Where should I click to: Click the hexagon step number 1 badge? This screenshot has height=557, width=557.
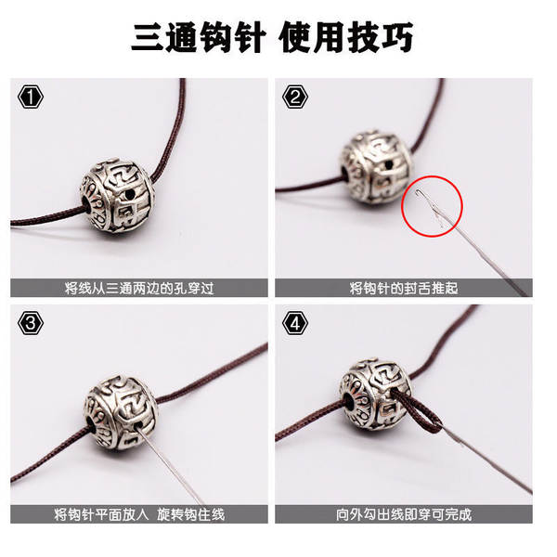click(x=31, y=97)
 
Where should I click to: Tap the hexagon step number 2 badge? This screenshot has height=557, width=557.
click(x=295, y=97)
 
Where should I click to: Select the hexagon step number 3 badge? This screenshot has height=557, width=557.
click(x=31, y=323)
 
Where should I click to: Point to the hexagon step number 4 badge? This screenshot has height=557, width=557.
click(x=295, y=323)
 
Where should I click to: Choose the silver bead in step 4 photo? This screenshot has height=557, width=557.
click(x=375, y=395)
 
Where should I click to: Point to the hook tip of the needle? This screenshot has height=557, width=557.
click(x=419, y=192)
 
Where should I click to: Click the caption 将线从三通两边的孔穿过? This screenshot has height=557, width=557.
click(x=139, y=288)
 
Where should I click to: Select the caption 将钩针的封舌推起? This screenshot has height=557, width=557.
click(x=404, y=288)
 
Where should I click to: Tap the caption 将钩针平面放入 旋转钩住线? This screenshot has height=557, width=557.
click(x=139, y=514)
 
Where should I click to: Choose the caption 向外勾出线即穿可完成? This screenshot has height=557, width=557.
click(x=404, y=514)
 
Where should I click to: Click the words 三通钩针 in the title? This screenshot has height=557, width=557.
click(x=199, y=38)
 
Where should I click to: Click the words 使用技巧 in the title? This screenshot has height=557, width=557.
click(x=345, y=38)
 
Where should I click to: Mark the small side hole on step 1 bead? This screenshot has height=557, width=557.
click(x=131, y=194)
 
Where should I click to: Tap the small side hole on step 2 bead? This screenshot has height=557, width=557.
click(x=390, y=165)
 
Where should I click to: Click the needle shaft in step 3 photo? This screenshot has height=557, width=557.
click(x=171, y=465)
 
